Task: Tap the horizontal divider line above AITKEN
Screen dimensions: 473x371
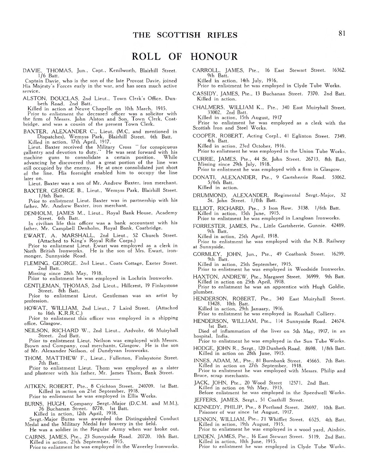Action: click(x=101, y=379)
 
